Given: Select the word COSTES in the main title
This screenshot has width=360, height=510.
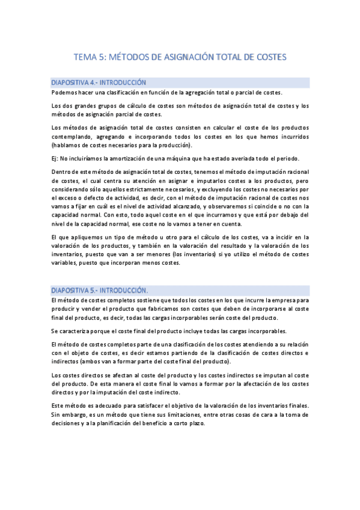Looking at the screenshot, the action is pyautogui.click(x=269, y=57).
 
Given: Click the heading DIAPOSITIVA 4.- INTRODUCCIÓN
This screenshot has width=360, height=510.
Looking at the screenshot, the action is pyautogui.click(x=99, y=82).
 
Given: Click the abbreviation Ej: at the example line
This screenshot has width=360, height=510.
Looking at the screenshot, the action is pyautogui.click(x=56, y=159).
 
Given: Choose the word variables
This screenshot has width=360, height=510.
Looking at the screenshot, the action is pyautogui.click(x=67, y=263).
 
